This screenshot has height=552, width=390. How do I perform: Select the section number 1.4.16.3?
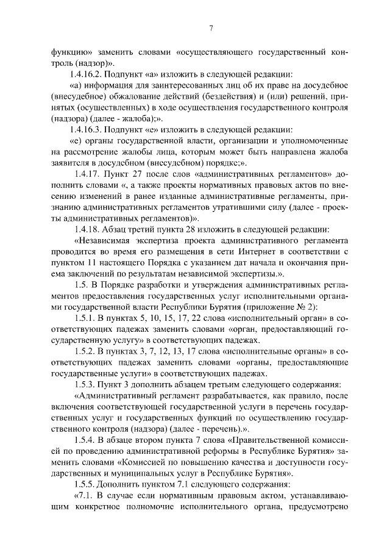click(88, 129)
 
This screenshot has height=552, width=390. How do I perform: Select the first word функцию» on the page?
click(71, 52)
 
